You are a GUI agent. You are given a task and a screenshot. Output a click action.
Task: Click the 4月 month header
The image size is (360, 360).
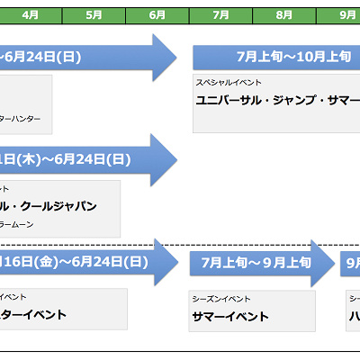coord(30,15)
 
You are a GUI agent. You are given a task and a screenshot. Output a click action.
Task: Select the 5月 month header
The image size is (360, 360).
coord(94,15)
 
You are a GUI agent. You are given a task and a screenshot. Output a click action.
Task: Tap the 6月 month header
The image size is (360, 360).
coord(157,15)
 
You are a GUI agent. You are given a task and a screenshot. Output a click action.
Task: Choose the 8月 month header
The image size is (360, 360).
coord(284,15)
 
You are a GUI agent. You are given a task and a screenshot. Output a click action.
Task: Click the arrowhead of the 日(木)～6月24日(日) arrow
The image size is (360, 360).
coord(165,160)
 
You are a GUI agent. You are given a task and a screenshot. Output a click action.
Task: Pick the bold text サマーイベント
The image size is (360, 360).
coord(230,316)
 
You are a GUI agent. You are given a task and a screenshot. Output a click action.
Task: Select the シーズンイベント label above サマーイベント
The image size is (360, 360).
coord(221,298)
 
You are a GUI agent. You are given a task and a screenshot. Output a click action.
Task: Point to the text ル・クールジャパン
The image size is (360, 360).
coord(49,206)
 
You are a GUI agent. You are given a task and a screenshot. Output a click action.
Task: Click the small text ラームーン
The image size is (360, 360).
coord(21,224)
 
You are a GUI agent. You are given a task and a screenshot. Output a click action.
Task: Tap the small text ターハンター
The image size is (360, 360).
coord(21,118)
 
